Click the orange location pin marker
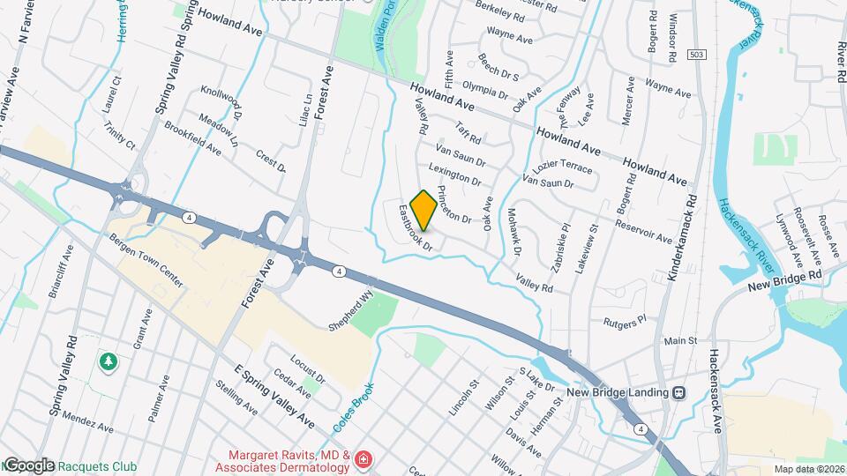pyautogui.click(x=423, y=210)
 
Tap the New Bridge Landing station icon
pyautogui.click(x=678, y=392)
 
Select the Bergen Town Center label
pyautogui.click(x=146, y=262)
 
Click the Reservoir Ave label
pyautogui.click(x=646, y=232)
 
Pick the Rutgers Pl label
pyautogui.click(x=626, y=323)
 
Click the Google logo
pyautogui.click(x=28, y=465)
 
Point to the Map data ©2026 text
pyautogui.click(x=808, y=469)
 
